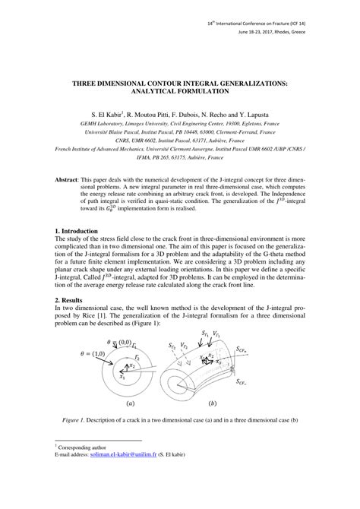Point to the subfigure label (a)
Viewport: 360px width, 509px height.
[x=131, y=405]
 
